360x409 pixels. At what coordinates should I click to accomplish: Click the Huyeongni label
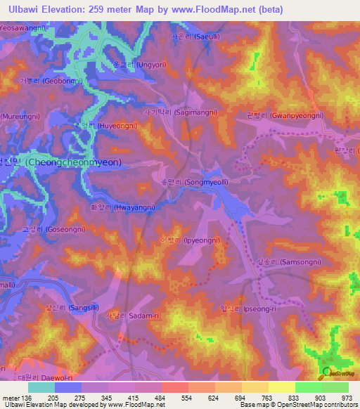pyautogui.click(x=106, y=126)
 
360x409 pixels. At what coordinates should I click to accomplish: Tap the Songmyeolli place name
pyautogui.click(x=202, y=181)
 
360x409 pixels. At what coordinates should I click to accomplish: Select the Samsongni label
pyautogui.click(x=291, y=262)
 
